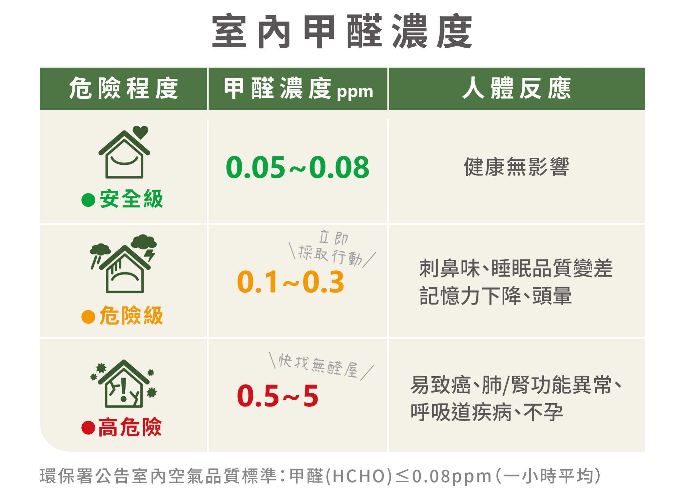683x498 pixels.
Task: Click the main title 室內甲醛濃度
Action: click(x=342, y=31)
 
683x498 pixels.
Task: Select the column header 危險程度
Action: click(x=124, y=88)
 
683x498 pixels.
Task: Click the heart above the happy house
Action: click(x=141, y=132)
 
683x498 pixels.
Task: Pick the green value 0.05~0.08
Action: click(x=297, y=167)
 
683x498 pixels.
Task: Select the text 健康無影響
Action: click(x=516, y=167)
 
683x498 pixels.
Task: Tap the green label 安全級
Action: click(x=131, y=199)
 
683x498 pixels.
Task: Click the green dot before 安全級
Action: click(x=88, y=200)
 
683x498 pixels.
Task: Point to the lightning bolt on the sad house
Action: click(x=151, y=255)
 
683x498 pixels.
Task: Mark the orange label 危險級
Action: click(x=131, y=316)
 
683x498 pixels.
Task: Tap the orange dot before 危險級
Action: click(x=88, y=317)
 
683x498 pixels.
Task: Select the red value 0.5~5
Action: click(x=277, y=396)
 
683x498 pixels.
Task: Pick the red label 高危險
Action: click(x=130, y=427)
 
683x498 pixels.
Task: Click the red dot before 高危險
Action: click(x=88, y=428)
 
